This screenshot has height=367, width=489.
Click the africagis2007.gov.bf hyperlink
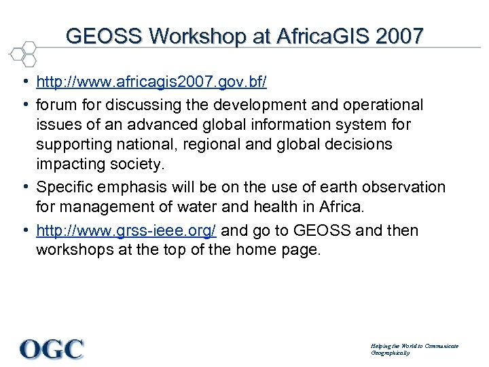click(x=151, y=82)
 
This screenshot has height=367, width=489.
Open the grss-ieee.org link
click(x=126, y=230)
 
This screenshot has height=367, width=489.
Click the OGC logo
click(x=52, y=349)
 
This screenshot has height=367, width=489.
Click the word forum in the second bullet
click(x=56, y=105)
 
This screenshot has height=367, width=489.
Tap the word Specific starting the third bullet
click(x=65, y=187)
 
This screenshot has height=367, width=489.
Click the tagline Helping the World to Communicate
click(x=414, y=346)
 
